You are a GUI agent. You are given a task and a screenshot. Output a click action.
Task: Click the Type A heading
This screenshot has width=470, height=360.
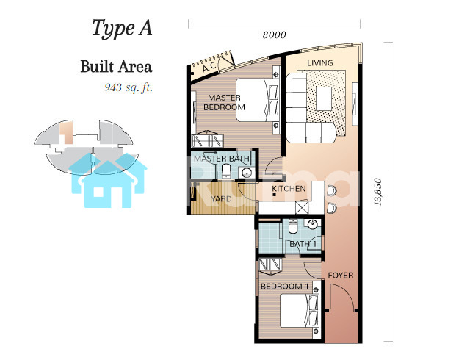(122, 29)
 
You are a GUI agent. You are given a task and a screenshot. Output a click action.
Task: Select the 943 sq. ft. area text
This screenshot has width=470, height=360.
(129, 87)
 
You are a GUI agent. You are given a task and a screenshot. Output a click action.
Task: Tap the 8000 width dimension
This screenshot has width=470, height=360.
(274, 35)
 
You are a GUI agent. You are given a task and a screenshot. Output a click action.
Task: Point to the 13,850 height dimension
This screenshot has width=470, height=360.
(378, 192)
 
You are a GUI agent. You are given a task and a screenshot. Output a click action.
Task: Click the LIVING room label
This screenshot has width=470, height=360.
(320, 63)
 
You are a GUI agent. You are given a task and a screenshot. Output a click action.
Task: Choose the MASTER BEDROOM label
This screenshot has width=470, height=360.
(224, 102)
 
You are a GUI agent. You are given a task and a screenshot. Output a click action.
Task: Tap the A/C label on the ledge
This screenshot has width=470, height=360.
(209, 67)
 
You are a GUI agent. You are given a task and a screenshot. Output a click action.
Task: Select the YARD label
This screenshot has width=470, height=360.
(221, 199)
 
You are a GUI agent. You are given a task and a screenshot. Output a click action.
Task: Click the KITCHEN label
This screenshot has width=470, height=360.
(289, 189)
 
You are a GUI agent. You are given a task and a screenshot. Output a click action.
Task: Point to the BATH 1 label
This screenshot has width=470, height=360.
(303, 244)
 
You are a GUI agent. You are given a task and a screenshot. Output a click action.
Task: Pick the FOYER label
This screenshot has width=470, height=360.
(341, 276)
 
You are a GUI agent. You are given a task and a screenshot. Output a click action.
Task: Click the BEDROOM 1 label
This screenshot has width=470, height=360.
(284, 287)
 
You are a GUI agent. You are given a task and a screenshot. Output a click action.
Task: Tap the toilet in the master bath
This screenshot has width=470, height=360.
(226, 171)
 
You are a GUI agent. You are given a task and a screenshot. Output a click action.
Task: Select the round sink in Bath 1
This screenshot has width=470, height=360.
(312, 224)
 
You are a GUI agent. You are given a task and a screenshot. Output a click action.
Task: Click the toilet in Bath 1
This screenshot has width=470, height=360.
(293, 226)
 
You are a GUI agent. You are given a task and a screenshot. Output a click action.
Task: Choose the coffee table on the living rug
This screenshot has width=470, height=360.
(324, 98)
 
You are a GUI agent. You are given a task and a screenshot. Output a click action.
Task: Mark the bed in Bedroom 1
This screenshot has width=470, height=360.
(299, 311)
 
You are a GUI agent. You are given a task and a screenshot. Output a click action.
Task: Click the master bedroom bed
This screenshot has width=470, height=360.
(257, 100)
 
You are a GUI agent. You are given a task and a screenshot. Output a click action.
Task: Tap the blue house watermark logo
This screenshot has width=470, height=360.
(108, 181)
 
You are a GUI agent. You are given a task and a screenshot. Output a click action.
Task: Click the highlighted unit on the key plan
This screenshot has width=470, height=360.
(66, 132)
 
